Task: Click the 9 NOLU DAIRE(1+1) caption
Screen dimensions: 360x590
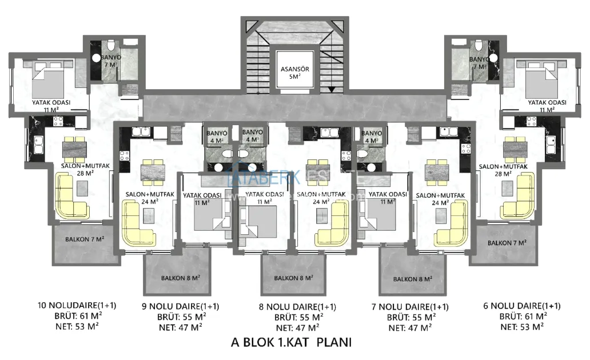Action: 180,306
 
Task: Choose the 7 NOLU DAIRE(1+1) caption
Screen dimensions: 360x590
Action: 411,306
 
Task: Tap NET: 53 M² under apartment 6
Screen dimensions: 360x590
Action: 522,326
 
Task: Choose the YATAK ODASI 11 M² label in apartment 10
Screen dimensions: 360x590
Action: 51,105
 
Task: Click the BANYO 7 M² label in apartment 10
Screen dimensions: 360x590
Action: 110,62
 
